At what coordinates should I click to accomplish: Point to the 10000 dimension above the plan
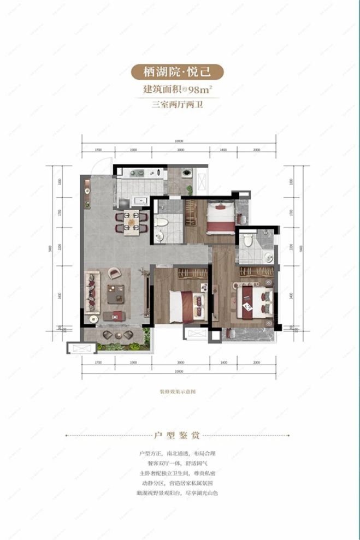[180, 141]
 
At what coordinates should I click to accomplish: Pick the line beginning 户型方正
[180, 454]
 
